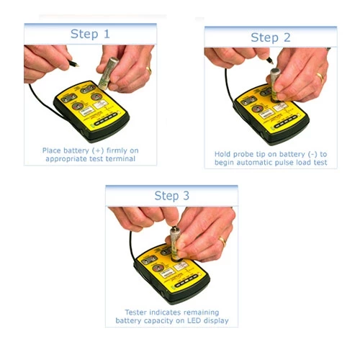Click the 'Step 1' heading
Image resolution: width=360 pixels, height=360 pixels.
click(90, 34)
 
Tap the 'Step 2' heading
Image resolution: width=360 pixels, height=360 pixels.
click(270, 37)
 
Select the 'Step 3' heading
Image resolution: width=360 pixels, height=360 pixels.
click(171, 195)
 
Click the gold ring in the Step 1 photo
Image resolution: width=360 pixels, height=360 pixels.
click(148, 70)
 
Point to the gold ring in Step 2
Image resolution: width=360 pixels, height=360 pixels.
click(320, 75)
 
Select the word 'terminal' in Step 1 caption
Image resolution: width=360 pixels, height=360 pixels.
click(121, 160)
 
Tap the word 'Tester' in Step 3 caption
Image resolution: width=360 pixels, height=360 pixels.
click(130, 311)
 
